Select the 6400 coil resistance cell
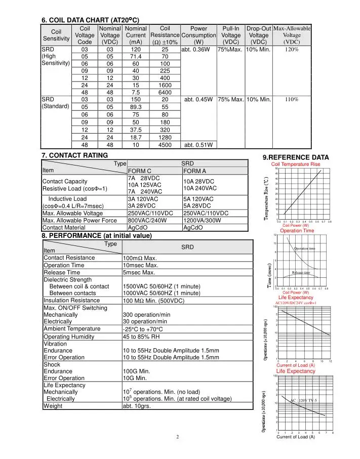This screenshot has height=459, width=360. [165, 93]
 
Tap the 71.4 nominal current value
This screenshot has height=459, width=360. [135, 57]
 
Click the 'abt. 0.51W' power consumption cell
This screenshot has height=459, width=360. [198, 144]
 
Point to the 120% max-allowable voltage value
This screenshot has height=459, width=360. [292, 50]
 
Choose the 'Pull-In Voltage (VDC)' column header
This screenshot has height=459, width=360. [231, 35]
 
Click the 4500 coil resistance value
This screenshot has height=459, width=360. [165, 144]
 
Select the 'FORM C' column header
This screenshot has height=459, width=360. [141, 171]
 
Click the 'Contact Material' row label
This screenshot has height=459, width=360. [65, 227]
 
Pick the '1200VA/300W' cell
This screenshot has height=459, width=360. [203, 220]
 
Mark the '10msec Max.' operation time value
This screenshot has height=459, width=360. [141, 265]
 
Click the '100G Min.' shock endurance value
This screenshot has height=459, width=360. [137, 371]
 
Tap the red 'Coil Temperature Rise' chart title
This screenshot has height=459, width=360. [296, 164]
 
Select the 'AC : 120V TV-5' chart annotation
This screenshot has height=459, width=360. [303, 400]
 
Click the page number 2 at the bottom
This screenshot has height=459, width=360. [178, 437]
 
